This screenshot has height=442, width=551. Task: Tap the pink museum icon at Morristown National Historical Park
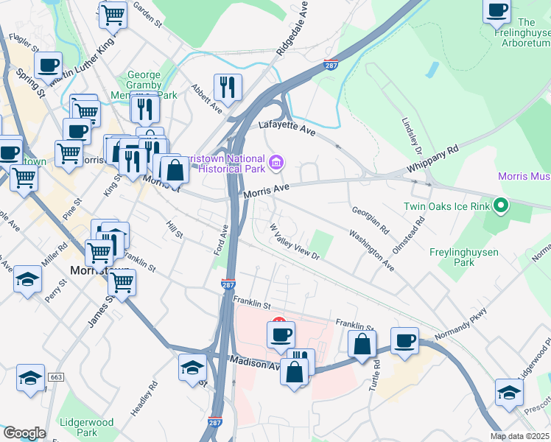click(276, 161)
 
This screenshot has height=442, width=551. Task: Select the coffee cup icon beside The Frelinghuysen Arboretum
click(497, 11)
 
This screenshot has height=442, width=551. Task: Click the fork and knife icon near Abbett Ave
click(228, 88)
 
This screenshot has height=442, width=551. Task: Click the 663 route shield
click(55, 376)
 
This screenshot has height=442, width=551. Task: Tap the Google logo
click(24, 433)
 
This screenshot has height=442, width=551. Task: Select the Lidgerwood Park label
click(88, 427)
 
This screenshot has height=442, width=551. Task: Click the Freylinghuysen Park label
click(463, 257)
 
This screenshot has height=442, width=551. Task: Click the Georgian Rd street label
click(369, 220)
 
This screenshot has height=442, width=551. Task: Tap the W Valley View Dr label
click(294, 242)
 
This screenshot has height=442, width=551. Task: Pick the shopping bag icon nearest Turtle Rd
click(362, 345)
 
